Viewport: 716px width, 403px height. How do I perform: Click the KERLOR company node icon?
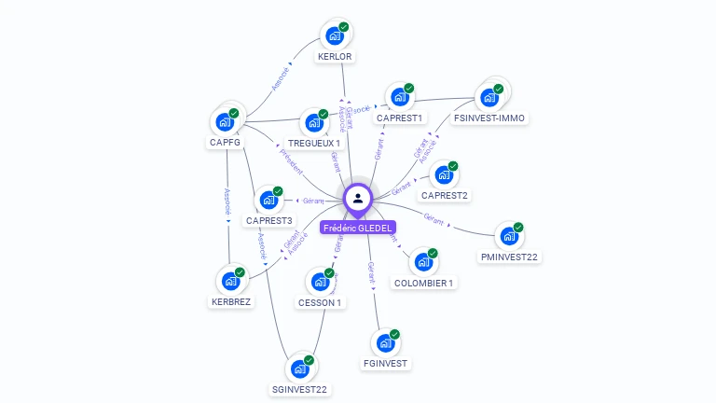[x=333, y=36]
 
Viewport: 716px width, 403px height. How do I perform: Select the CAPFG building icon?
[x=225, y=121]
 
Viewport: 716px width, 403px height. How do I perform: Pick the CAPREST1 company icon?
[x=399, y=97]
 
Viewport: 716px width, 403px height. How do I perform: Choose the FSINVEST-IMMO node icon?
[x=488, y=97]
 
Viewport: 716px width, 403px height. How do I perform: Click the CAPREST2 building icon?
[x=444, y=174]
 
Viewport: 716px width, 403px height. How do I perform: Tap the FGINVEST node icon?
[x=384, y=342]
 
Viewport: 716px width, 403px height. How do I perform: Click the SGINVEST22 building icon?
[x=299, y=368]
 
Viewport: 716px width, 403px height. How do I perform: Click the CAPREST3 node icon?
[x=268, y=200]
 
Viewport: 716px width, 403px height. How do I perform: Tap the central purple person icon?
[x=358, y=199]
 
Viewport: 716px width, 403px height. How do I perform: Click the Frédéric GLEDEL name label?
[x=358, y=228]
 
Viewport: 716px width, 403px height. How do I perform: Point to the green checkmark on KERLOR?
[x=344, y=28]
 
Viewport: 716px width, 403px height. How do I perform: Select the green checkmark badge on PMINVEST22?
[x=519, y=227]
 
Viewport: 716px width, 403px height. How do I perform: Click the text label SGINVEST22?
[x=299, y=389]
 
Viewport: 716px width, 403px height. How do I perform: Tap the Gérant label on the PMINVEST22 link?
[x=433, y=217]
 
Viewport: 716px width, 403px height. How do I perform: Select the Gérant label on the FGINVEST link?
[x=371, y=271]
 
